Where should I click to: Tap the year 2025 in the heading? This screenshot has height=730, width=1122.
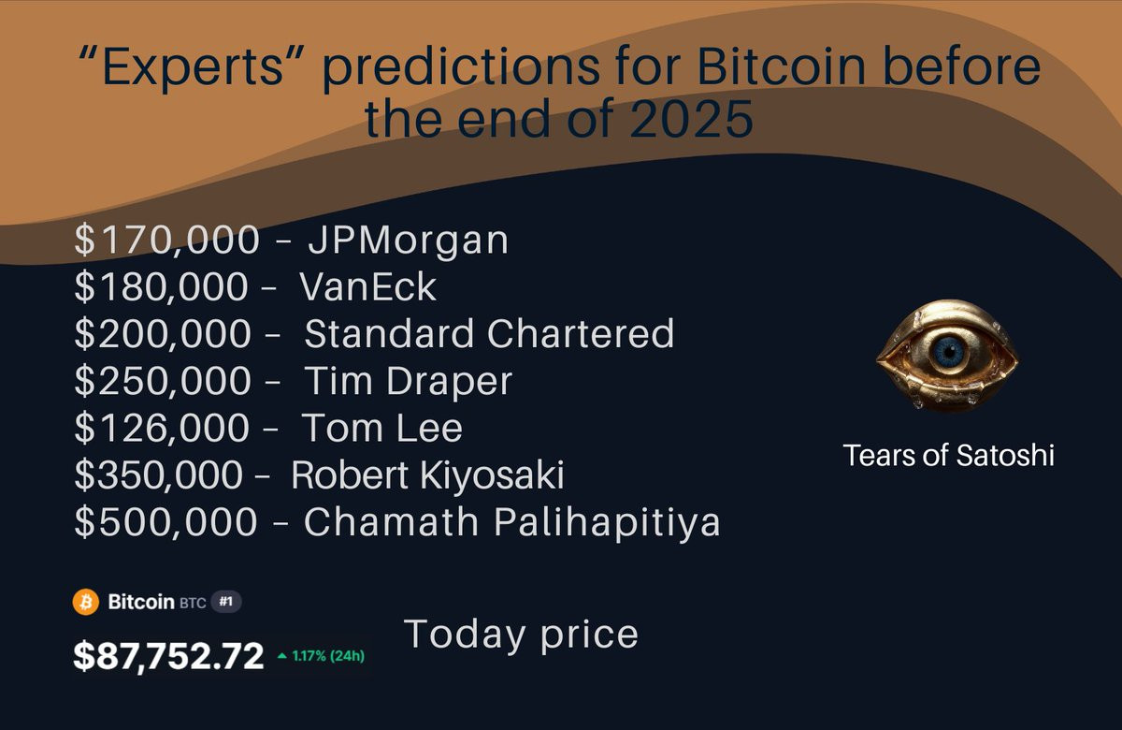coord(691,119)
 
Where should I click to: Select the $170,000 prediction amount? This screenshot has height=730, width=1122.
coord(166,240)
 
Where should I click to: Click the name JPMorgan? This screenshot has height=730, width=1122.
coord(409,241)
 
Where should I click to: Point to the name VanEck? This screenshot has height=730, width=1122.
coord(368,286)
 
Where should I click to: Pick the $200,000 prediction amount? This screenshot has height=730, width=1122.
coord(163,333)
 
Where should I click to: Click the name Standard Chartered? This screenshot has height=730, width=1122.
coord(489,333)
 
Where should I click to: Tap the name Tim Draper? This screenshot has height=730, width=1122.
coord(409,381)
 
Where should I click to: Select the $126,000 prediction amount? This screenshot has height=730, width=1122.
coord(162,428)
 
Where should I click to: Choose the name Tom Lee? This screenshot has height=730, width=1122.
coord(381,428)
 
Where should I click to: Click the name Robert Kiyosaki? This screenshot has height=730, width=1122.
coord(428,474)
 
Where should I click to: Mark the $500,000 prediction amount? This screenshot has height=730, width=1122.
coord(165,522)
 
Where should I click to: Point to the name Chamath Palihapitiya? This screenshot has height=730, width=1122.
coord(512,523)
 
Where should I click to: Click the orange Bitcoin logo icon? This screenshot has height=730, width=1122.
coord(86,602)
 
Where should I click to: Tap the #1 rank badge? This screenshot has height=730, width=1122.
coord(226,602)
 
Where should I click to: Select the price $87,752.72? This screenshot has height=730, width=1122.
coord(168,655)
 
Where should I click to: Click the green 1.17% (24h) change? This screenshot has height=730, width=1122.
coord(321,656)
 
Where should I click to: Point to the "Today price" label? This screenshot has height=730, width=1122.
coord(521,635)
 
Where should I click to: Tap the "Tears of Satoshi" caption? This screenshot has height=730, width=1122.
coord(949,455)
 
